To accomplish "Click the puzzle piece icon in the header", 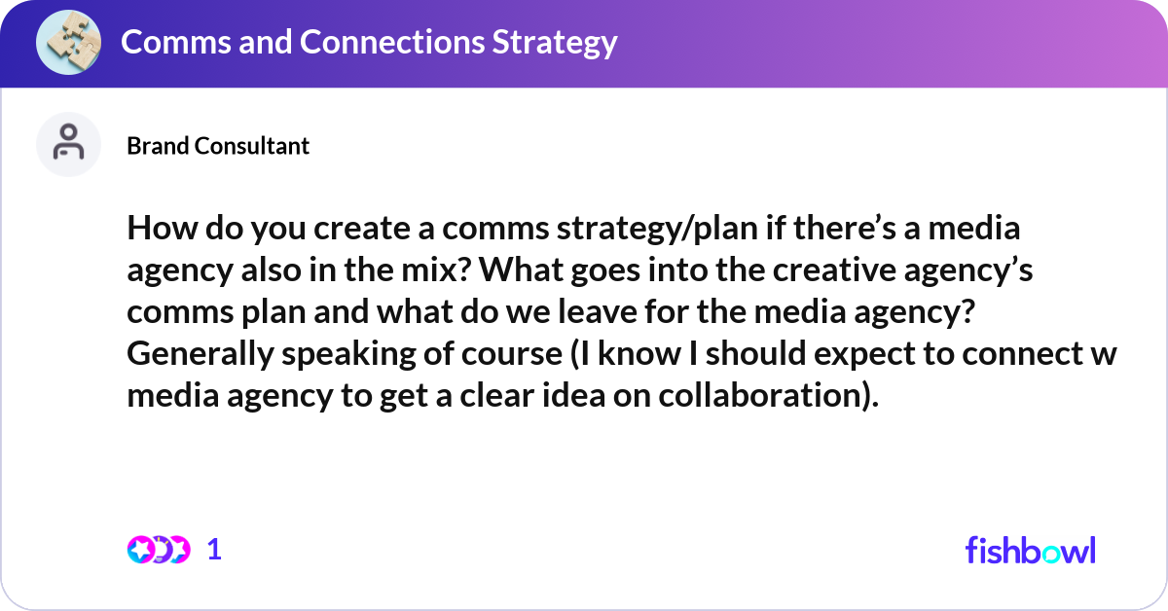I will (x=67, y=43).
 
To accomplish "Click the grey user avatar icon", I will (x=68, y=144).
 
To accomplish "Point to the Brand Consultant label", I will (x=218, y=146).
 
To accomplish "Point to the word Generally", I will (x=201, y=353).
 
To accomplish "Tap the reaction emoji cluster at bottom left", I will (x=158, y=550).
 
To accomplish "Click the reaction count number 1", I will (x=215, y=550).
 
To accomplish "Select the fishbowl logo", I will (x=1030, y=550).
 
